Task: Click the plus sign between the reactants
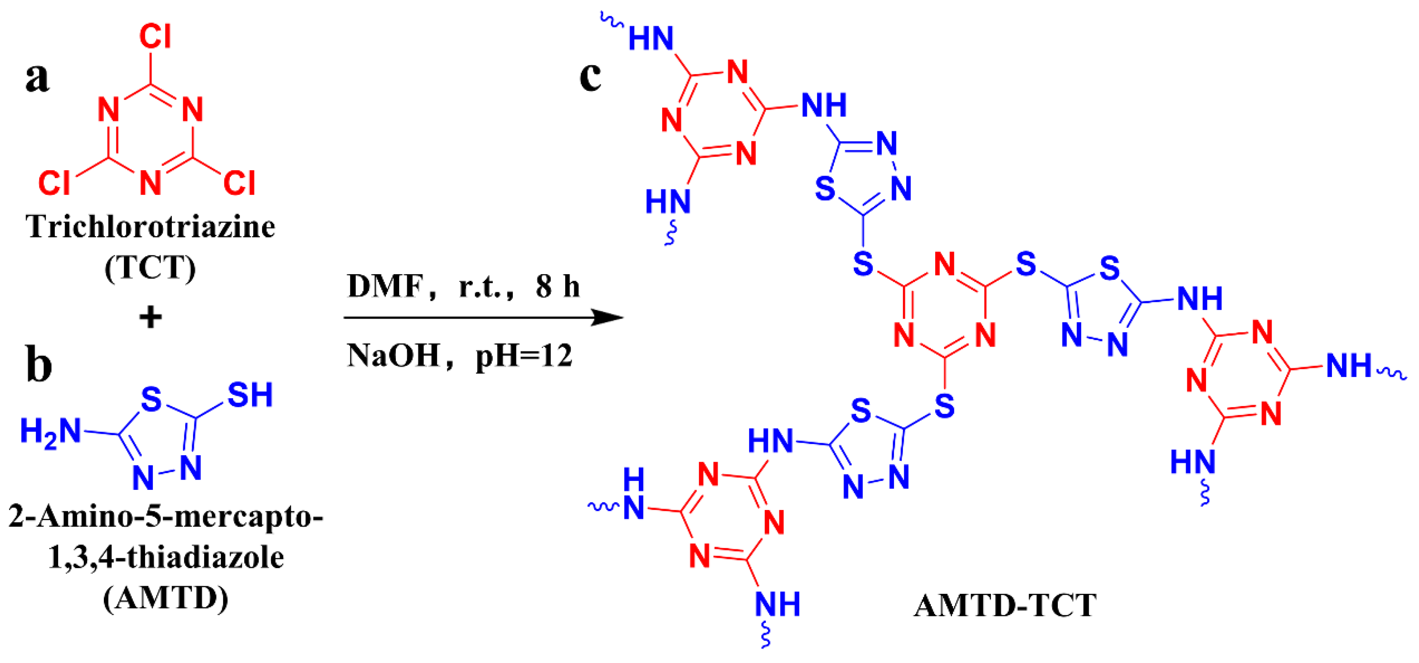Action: click(x=150, y=318)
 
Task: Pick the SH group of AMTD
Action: click(x=250, y=395)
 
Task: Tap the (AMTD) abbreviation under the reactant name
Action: click(x=165, y=598)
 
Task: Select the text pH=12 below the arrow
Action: click(x=524, y=356)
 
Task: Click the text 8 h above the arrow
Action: click(x=557, y=286)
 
